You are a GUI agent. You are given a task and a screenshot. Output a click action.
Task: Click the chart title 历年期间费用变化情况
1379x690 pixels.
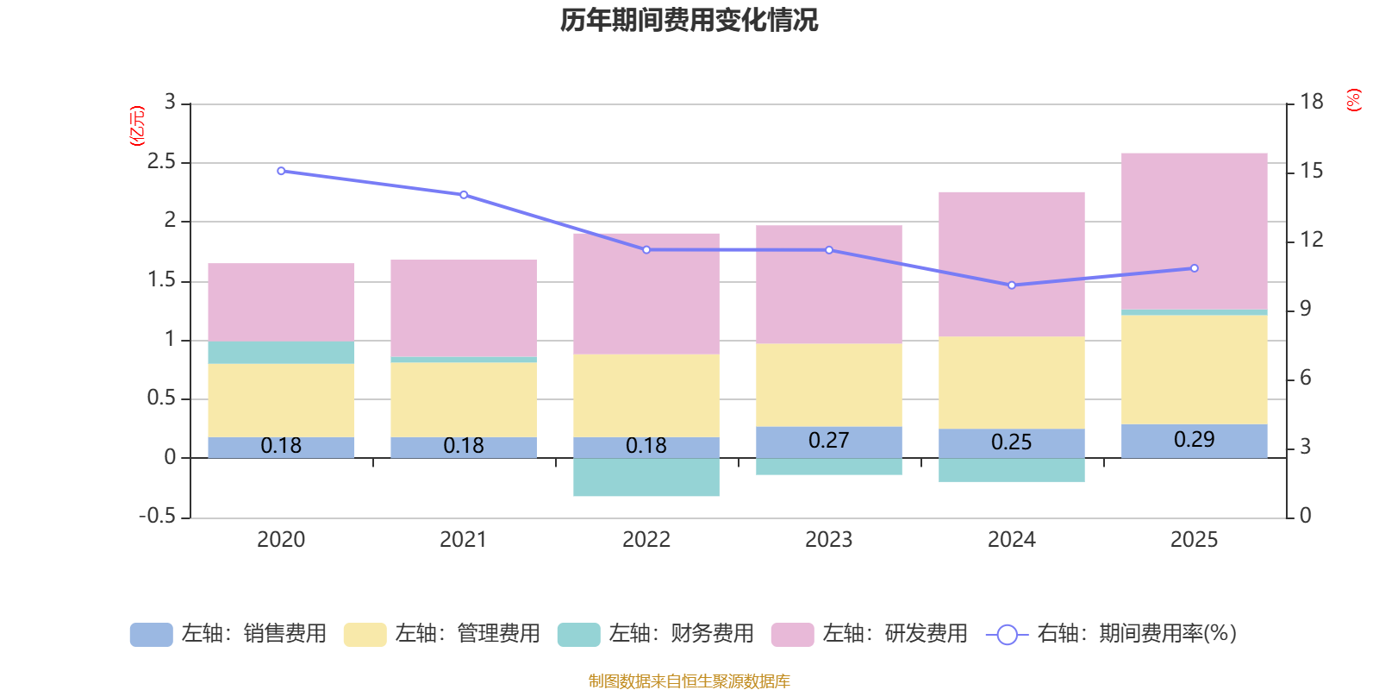coord(689,20)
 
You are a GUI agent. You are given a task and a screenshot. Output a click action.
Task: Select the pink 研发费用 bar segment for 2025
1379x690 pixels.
coord(1194,230)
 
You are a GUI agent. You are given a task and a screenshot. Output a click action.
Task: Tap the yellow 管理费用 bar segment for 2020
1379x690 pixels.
coord(281,400)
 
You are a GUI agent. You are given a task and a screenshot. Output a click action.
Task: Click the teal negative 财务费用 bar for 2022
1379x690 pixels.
coord(646,477)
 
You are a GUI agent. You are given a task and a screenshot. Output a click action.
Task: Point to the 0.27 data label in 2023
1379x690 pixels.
coord(828,441)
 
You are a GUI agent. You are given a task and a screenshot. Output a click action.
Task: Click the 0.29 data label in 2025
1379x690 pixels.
coord(1194,440)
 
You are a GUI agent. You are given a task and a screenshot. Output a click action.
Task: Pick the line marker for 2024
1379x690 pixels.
coord(1012,285)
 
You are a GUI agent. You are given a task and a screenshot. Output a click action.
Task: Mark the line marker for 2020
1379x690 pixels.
coord(281,171)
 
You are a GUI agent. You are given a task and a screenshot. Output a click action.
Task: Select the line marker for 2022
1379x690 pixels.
coord(646,250)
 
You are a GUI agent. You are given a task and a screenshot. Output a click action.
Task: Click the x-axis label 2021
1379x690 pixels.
coord(464,540)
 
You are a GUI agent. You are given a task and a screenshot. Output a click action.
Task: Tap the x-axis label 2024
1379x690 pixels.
coord(1011,540)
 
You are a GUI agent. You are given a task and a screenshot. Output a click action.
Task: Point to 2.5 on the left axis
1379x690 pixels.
coord(161,162)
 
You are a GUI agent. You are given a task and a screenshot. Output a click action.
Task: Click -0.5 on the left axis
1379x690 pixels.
coord(158,516)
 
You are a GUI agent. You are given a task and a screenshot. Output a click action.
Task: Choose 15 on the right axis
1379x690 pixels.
coord(1311,171)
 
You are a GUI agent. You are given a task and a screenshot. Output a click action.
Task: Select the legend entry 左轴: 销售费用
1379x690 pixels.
coord(229,634)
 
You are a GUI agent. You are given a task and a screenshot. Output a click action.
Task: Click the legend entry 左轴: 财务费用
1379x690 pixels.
coord(657,634)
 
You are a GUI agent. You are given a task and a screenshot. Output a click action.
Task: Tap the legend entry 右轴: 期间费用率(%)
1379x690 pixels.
coord(1112,634)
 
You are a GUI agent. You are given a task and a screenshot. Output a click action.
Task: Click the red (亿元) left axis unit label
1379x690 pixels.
coord(137,126)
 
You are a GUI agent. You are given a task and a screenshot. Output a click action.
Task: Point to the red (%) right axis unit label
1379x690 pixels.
coord(1353,100)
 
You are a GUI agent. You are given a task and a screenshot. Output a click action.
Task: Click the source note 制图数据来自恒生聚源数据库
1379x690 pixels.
coord(689,681)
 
